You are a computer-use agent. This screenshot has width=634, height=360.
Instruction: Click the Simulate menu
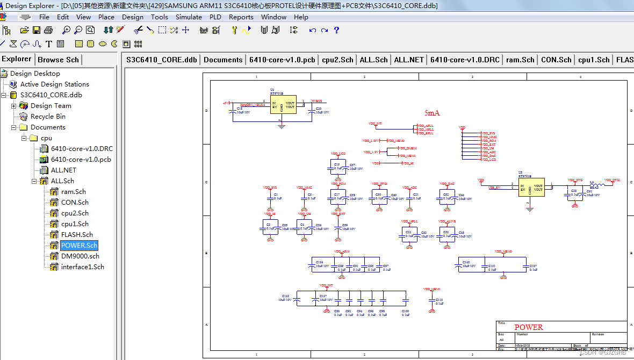(189, 17)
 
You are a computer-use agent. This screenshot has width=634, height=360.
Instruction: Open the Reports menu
(241, 17)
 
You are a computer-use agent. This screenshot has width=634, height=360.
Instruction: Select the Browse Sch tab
(58, 60)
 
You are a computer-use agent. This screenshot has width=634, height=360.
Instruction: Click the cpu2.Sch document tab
(337, 60)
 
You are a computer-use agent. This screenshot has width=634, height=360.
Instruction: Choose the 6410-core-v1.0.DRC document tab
(465, 60)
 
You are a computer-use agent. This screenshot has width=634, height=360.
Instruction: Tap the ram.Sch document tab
(520, 60)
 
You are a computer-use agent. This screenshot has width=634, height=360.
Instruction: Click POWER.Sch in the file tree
(79, 246)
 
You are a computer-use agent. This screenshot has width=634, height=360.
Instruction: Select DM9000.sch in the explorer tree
(80, 256)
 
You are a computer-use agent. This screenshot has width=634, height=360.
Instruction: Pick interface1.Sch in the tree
(82, 267)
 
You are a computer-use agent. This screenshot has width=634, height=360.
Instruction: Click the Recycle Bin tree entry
(48, 117)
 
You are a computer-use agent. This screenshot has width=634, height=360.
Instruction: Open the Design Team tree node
(51, 106)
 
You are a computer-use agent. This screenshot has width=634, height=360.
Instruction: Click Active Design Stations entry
(54, 84)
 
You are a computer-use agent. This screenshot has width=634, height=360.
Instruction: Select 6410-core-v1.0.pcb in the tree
(81, 160)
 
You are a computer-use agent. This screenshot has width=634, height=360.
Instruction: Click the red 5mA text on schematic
(432, 113)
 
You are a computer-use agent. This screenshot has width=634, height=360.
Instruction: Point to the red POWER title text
(529, 327)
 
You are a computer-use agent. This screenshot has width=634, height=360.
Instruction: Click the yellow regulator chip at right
(531, 187)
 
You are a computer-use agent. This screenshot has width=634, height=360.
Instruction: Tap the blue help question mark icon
(336, 30)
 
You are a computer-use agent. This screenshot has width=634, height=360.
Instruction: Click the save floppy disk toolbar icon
(37, 30)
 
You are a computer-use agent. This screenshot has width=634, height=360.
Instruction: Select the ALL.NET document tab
(409, 60)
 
